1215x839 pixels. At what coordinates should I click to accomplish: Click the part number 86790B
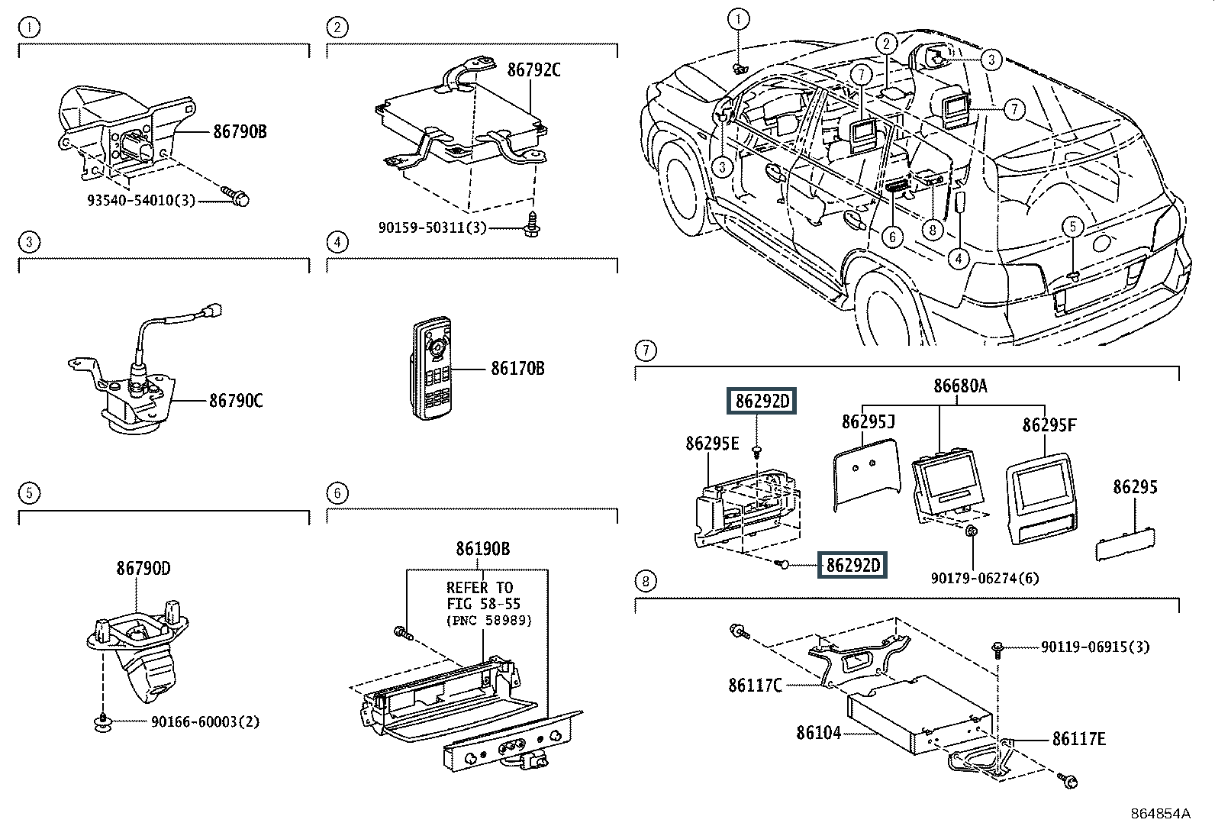tap(240, 132)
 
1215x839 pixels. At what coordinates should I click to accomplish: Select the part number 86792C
tap(533, 70)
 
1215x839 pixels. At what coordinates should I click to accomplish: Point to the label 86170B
tap(517, 369)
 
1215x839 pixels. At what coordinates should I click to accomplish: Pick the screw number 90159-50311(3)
tap(432, 227)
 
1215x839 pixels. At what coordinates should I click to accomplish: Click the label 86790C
tap(236, 400)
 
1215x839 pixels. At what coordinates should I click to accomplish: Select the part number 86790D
tap(143, 568)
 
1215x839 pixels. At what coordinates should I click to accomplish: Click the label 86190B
tap(482, 548)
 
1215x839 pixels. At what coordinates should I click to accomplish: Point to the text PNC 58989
tap(489, 620)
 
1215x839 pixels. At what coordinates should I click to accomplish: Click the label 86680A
tap(960, 386)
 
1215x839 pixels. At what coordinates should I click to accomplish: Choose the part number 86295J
tap(869, 422)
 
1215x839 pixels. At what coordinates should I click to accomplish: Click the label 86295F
tap(1049, 424)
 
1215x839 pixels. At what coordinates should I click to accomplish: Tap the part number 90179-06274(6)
tap(985, 578)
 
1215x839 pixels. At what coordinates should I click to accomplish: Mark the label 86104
tap(818, 733)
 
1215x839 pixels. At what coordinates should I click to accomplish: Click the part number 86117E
tap(1078, 738)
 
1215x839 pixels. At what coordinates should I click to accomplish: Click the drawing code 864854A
tap(1160, 814)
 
